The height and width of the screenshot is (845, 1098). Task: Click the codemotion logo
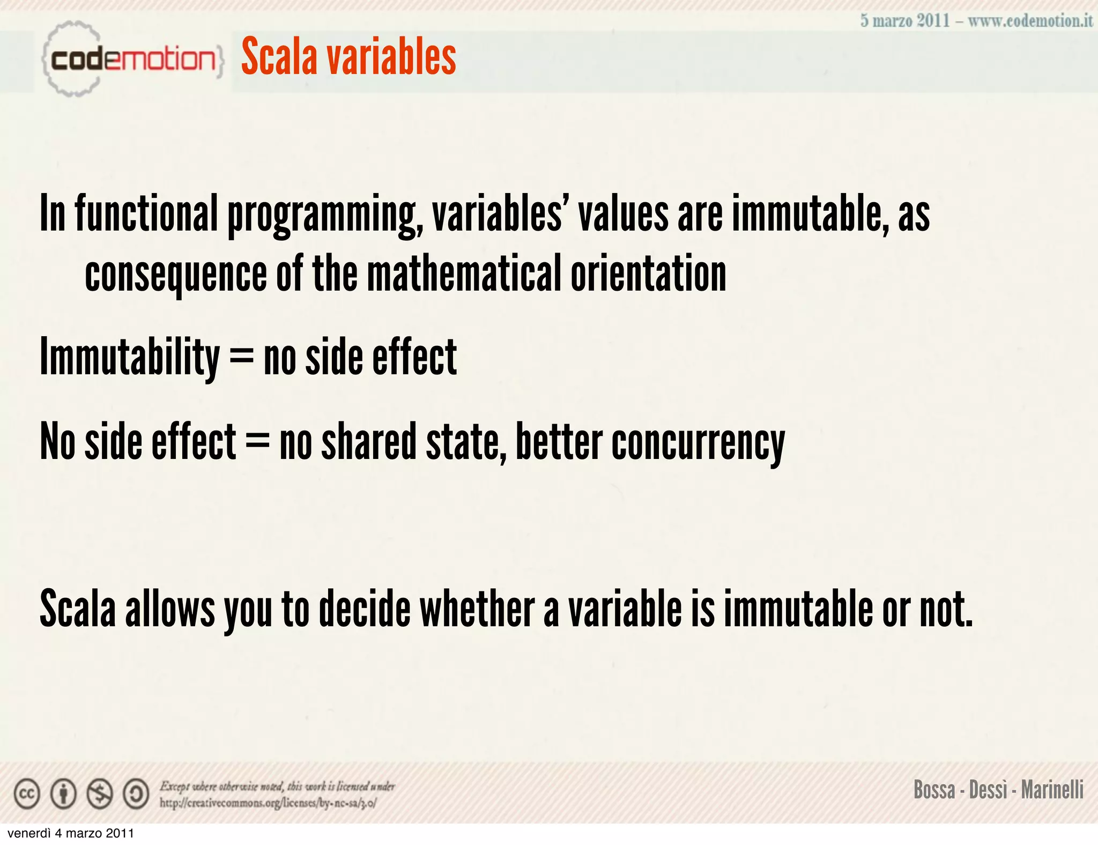click(x=131, y=59)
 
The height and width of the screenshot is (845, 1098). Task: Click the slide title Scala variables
click(x=348, y=57)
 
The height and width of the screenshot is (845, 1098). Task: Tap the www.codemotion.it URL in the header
click(x=1030, y=21)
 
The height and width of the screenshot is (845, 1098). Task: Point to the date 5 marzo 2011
click(x=904, y=21)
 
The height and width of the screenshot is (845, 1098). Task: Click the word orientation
click(x=648, y=274)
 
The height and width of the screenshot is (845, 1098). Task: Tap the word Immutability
click(x=130, y=358)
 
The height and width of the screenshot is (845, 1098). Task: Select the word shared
click(x=368, y=442)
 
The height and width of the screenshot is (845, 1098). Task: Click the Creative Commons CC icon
click(x=27, y=794)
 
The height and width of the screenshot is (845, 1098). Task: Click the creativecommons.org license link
click(x=268, y=803)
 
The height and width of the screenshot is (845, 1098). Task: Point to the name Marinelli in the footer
click(x=1052, y=790)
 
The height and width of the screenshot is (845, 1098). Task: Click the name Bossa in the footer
click(x=934, y=790)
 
